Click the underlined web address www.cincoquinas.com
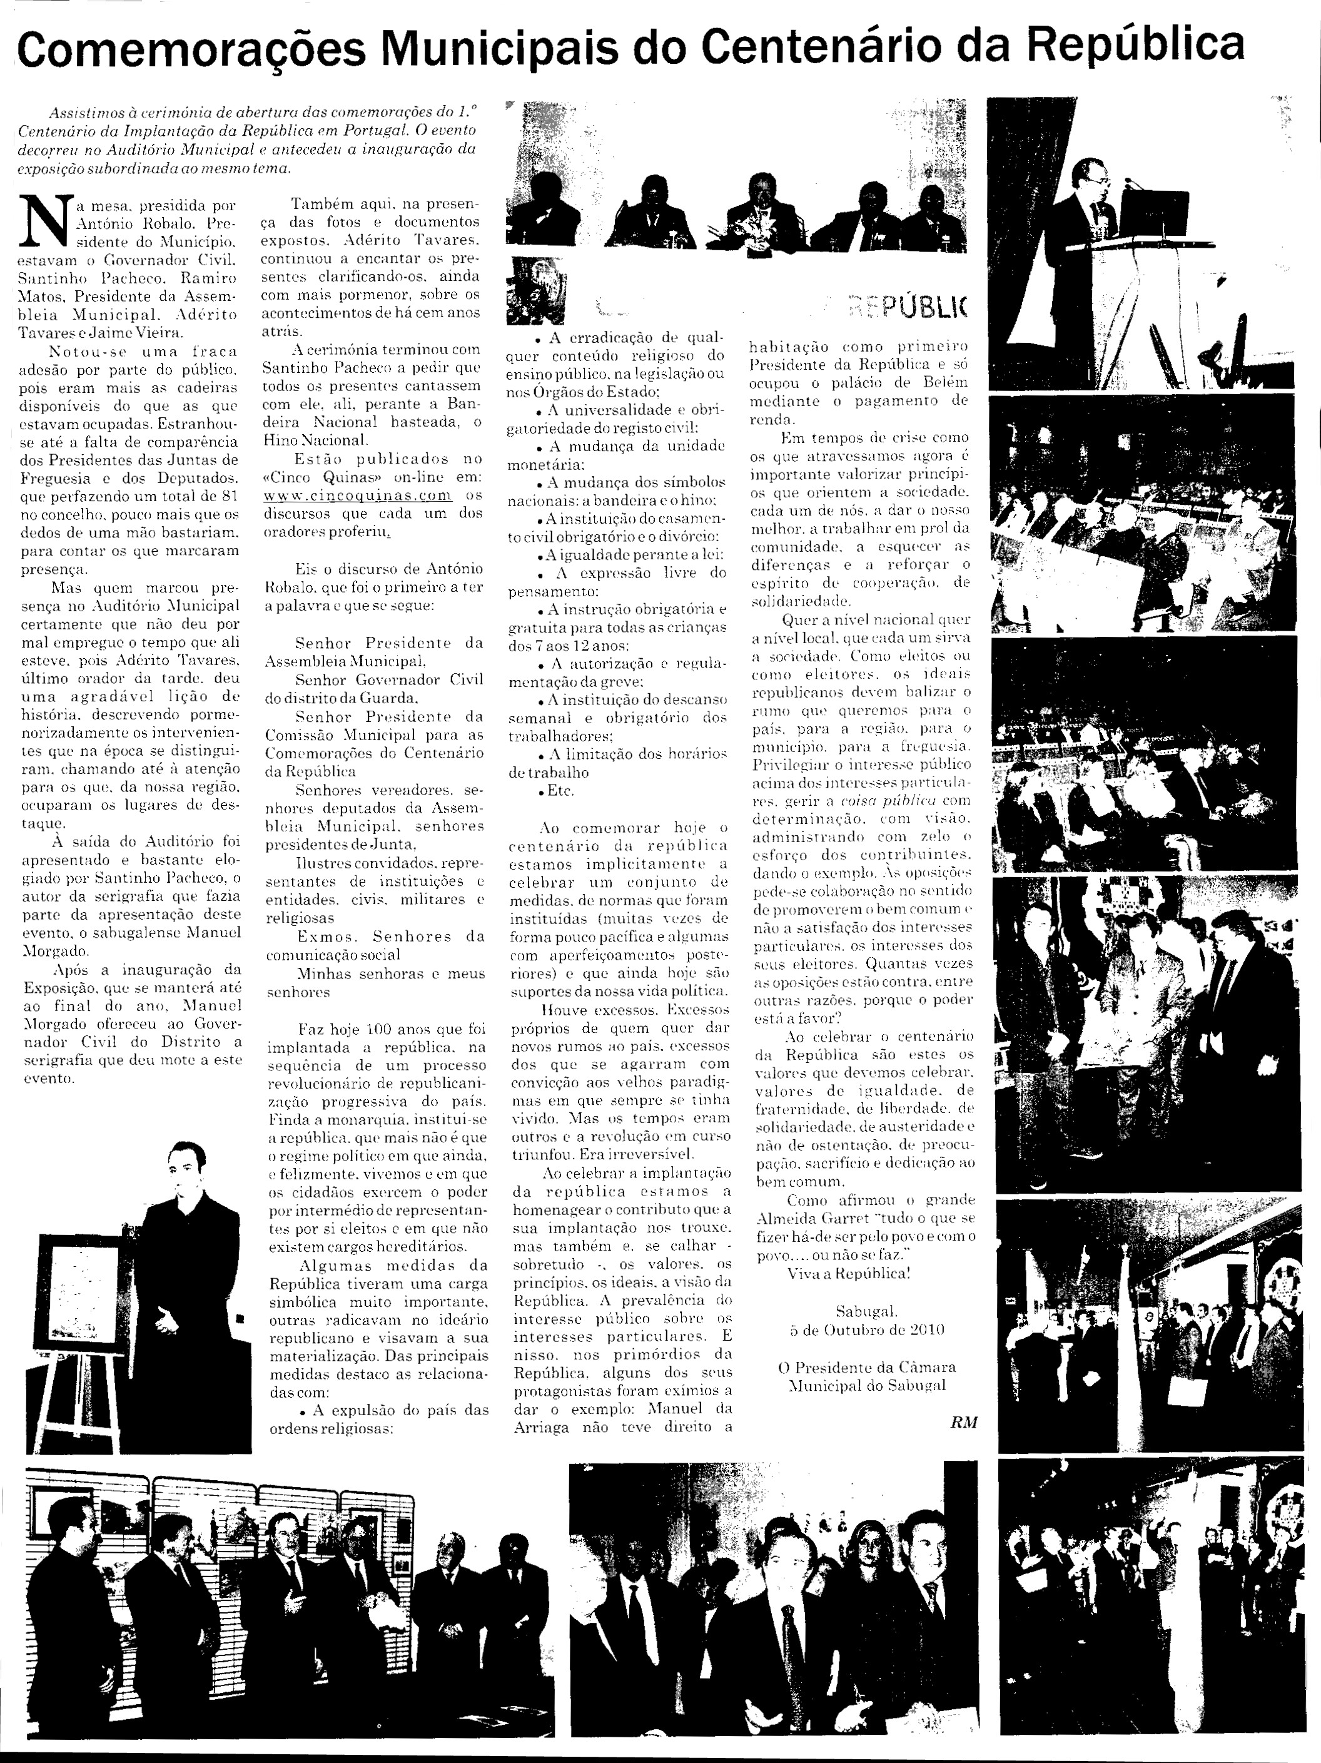(358, 495)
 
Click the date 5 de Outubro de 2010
(867, 1329)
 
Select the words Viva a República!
(849, 1274)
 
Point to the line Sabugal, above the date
(867, 1311)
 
